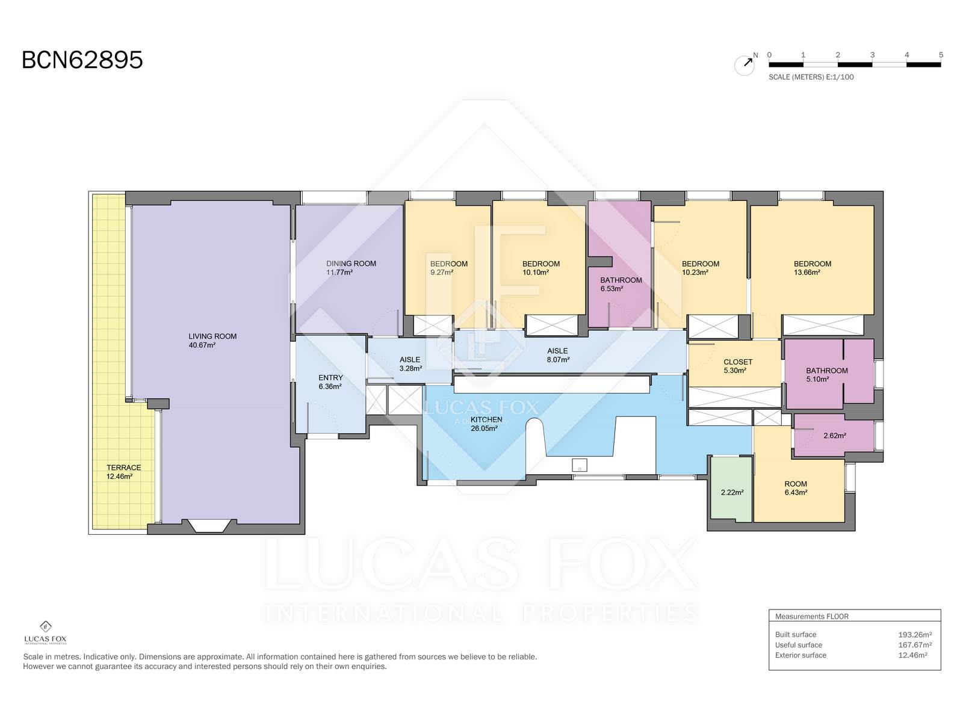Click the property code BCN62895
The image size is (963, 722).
point(82,60)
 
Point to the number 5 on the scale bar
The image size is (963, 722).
point(941,55)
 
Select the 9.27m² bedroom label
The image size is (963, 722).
point(448,268)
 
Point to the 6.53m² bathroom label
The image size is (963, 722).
point(621,284)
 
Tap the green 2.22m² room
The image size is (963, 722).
point(732,489)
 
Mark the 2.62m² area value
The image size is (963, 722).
point(834,436)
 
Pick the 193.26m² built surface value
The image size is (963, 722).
point(915,634)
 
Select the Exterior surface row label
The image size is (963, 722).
point(800,655)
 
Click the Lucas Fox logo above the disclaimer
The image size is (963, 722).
point(45,632)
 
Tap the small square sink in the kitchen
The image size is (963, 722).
point(580,466)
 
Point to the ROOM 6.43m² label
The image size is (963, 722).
point(796,488)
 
